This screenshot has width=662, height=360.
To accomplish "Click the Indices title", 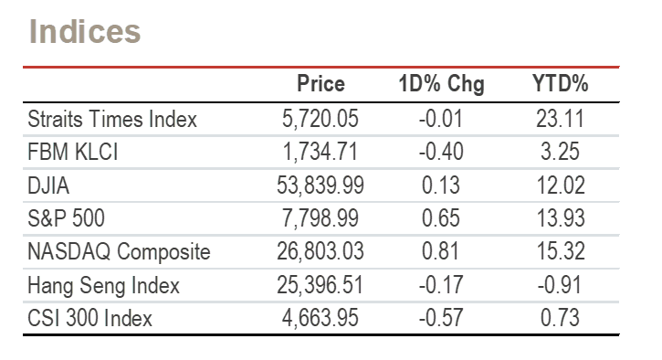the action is [x=84, y=31].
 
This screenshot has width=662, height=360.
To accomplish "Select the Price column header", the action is [x=320, y=83].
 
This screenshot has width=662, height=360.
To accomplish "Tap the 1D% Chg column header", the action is [x=441, y=84].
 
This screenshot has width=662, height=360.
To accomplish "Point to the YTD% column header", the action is [x=560, y=83].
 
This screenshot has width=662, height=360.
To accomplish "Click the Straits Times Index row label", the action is [x=112, y=119].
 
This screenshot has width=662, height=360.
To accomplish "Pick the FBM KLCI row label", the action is [x=73, y=152].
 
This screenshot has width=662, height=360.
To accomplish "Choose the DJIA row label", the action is [x=48, y=185].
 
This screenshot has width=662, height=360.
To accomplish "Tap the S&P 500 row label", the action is [x=66, y=218].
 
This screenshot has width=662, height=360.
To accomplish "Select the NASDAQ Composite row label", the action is [x=119, y=251].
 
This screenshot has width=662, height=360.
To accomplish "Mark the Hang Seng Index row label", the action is [x=103, y=285].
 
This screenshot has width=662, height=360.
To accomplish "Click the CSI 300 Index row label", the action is [x=89, y=318].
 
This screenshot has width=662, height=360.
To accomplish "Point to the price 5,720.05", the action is [x=320, y=119].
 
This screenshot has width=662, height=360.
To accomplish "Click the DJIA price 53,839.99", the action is [x=320, y=185].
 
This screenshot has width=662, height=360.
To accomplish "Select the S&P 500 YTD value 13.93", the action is [x=561, y=218].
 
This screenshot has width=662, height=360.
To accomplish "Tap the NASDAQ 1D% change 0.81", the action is [x=440, y=251].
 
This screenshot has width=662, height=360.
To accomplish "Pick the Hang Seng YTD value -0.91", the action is [x=560, y=285].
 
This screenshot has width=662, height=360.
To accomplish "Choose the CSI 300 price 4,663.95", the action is [x=320, y=318].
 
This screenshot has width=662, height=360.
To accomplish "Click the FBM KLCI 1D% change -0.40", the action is [x=441, y=152].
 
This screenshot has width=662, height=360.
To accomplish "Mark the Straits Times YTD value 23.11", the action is [x=561, y=119].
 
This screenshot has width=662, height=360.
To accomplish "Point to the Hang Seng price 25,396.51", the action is [x=320, y=285].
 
